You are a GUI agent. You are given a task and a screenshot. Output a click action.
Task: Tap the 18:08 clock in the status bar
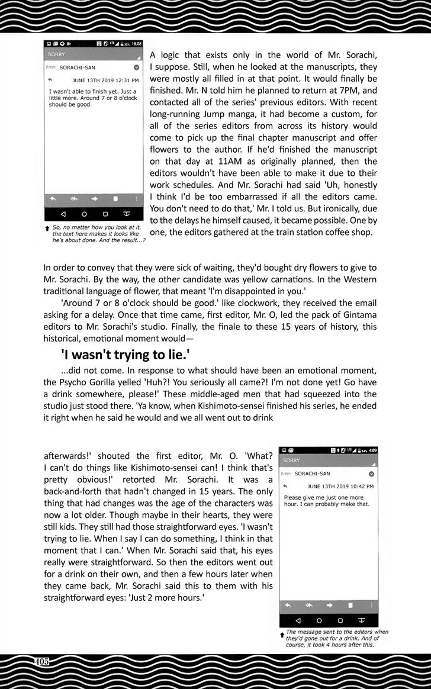(137, 44)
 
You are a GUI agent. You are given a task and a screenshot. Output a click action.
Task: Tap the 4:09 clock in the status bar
(372, 450)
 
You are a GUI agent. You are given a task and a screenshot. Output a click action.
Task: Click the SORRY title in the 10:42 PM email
(292, 460)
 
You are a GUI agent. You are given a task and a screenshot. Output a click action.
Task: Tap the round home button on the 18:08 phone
(84, 214)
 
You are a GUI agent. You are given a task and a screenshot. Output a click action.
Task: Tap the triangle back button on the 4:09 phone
(297, 620)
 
